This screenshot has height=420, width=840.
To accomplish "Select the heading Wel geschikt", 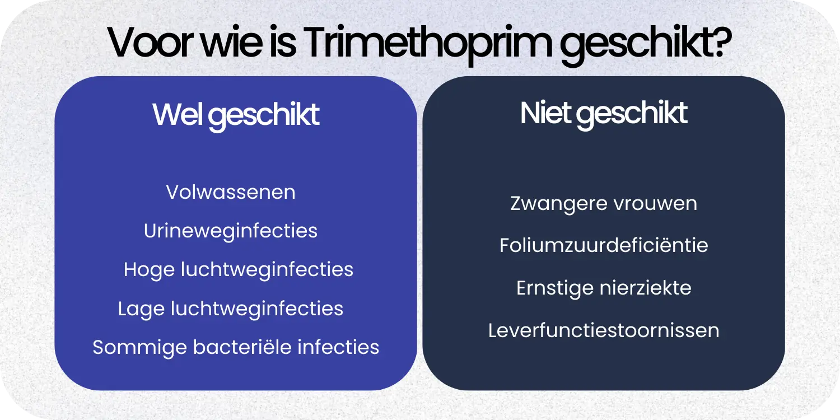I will pyautogui.click(x=236, y=115).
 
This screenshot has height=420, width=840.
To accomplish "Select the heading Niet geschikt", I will pyautogui.click(x=604, y=114).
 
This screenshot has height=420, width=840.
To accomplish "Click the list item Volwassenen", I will pyautogui.click(x=231, y=192).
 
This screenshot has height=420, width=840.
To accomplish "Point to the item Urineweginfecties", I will pyautogui.click(x=231, y=231).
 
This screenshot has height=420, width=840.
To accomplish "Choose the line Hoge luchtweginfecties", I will pyautogui.click(x=239, y=269).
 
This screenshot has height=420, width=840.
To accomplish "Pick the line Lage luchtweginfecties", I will pyautogui.click(x=231, y=308).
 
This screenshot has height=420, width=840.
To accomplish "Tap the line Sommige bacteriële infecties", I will pyautogui.click(x=236, y=347).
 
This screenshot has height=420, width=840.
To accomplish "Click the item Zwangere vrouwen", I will pyautogui.click(x=604, y=203).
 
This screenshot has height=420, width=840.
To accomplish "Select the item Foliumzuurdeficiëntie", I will pyautogui.click(x=604, y=245).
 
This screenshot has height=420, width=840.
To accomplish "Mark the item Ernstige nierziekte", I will pyautogui.click(x=604, y=288).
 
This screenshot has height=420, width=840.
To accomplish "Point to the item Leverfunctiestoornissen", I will pyautogui.click(x=604, y=330).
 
